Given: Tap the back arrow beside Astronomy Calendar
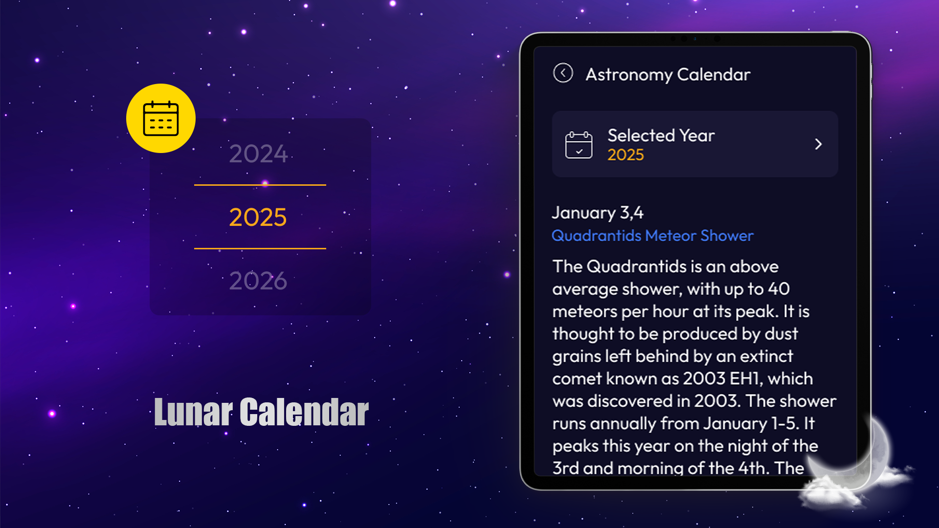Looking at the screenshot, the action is point(563,73).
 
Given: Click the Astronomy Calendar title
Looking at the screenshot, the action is point(668,74).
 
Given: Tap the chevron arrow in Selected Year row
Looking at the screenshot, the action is point(818,144).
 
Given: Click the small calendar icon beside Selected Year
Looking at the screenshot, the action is point(579,145).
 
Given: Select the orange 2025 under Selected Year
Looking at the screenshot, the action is point(626,155).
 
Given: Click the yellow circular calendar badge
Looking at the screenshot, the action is point(161,118).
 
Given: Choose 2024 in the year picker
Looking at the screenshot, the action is point(258,154).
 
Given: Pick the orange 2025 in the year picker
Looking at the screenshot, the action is point(258,217).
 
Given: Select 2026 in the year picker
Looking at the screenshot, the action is point(258,281).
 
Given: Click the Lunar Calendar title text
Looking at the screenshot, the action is point(262,412).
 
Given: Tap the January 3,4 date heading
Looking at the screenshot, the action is point(598,213).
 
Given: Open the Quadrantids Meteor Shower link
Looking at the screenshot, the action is point(652,236).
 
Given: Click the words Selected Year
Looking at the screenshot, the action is point(661,135).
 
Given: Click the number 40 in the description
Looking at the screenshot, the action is point(779,289).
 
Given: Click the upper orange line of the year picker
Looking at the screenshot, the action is point(260,185).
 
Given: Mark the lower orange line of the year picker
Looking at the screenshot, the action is point(260,248).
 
